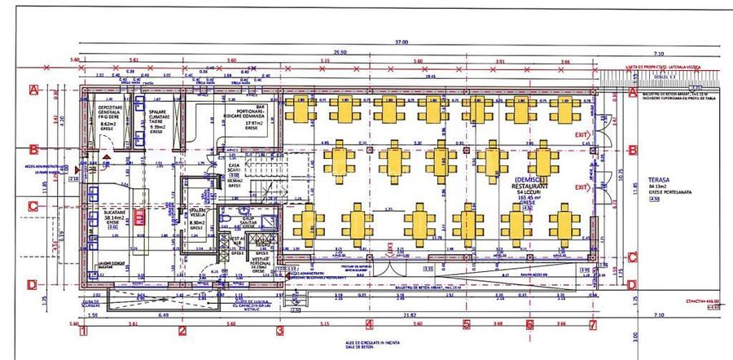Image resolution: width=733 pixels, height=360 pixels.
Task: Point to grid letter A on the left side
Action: [33, 90]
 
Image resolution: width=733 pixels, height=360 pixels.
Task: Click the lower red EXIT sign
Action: [581, 188]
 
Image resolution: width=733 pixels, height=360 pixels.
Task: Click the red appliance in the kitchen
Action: [140, 217]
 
